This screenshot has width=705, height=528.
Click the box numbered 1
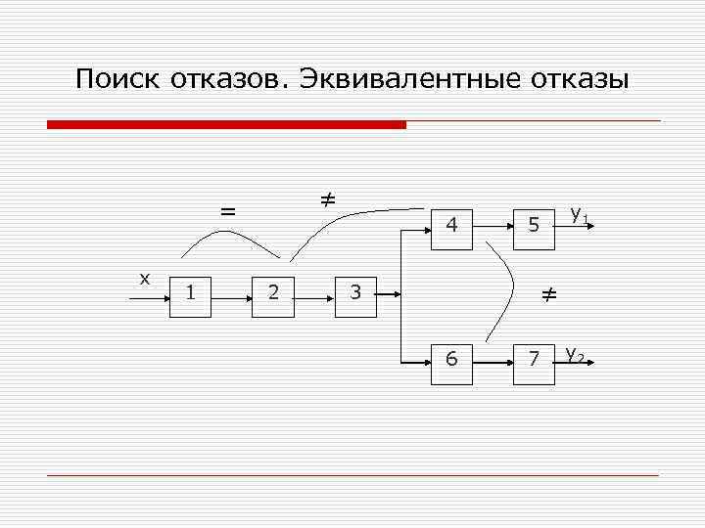tap(194, 290)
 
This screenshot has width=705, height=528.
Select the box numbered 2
tap(276, 290)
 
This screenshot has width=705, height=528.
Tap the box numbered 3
tap(356, 290)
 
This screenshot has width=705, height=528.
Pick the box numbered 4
tap(450, 225)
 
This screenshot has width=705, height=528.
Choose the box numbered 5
tap(534, 225)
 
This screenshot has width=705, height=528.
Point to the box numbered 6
tap(450, 358)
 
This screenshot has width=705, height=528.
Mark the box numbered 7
tap(534, 358)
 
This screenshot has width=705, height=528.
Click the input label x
tap(144, 278)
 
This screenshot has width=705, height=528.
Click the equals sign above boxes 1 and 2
tap(228, 208)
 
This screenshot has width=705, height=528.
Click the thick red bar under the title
tap(226, 125)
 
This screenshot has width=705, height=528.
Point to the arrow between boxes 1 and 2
tap(234, 290)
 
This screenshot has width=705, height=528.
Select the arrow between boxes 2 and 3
tap(315, 290)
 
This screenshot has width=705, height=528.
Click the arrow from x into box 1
tap(152, 290)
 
